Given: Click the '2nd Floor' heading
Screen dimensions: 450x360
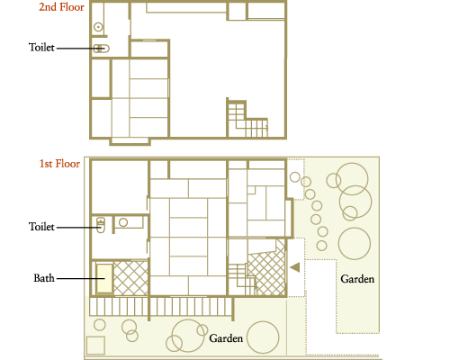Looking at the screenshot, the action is (61, 7).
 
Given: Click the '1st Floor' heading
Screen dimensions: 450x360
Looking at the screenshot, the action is (59, 164).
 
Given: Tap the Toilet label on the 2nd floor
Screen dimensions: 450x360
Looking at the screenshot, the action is (41, 48).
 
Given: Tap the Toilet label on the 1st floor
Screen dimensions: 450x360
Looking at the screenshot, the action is (41, 227).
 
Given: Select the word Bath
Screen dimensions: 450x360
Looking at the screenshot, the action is (44, 278).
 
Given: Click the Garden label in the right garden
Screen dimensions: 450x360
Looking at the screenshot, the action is (357, 279).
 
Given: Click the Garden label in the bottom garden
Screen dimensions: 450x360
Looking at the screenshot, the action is (226, 338).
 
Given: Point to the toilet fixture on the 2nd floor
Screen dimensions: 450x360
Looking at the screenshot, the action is (102, 49).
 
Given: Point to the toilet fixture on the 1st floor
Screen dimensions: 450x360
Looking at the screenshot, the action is (101, 225).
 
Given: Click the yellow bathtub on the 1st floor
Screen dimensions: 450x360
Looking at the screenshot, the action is (104, 279).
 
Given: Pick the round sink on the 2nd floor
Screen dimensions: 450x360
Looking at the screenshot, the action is (98, 27).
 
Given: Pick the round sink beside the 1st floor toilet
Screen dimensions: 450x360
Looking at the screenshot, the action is (123, 222).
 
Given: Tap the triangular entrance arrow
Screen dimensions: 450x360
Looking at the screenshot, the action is (295, 267).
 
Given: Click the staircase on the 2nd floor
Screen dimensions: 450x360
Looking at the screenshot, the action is (247, 119).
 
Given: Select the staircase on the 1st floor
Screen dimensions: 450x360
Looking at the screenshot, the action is (242, 279).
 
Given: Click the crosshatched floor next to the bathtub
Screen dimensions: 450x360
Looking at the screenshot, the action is (130, 278).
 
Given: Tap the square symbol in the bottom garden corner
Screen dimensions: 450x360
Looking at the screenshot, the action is (95, 346).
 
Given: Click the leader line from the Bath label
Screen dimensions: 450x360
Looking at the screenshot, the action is (81, 279).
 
